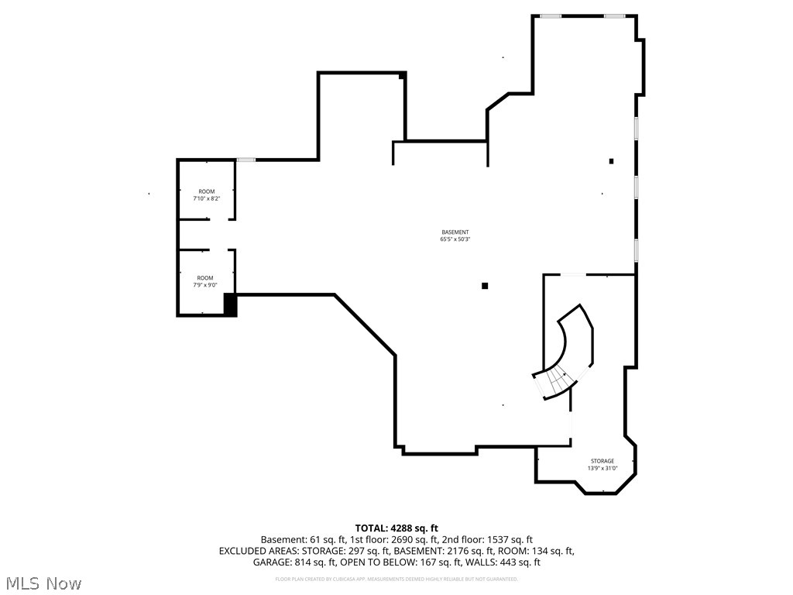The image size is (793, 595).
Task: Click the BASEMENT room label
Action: coord(455,232)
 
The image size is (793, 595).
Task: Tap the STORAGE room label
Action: coord(602,461)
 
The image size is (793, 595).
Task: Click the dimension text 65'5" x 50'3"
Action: coord(455,239)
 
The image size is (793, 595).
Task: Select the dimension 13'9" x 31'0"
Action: coord(602,468)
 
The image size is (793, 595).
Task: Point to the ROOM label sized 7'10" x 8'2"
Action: coord(206,191)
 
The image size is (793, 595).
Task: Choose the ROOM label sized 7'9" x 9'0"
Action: coord(205,278)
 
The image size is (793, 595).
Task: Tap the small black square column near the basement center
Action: coord(485,286)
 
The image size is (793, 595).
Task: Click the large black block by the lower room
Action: coord(230,304)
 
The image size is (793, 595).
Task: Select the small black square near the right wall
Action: coord(611,161)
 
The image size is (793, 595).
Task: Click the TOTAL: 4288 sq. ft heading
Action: coord(396,528)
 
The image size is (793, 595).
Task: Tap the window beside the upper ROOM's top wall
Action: coord(246,160)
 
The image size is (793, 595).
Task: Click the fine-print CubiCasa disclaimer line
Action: coord(396,579)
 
